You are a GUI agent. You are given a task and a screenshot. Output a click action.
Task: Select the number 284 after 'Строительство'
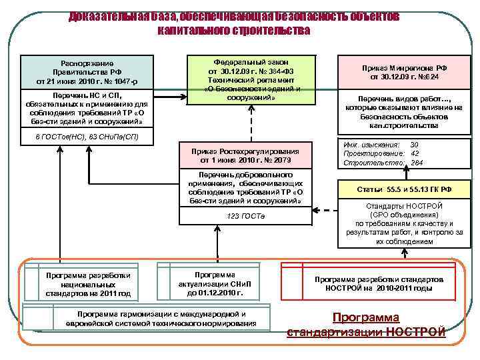pos(417,163)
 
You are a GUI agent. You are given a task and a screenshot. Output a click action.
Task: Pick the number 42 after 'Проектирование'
pos(415,153)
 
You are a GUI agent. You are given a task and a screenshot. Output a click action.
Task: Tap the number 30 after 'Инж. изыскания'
pos(415,145)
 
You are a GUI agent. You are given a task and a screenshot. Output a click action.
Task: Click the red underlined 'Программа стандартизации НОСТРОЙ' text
pos(366,325)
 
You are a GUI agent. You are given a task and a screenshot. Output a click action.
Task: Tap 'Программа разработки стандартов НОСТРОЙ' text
pos(369,284)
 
